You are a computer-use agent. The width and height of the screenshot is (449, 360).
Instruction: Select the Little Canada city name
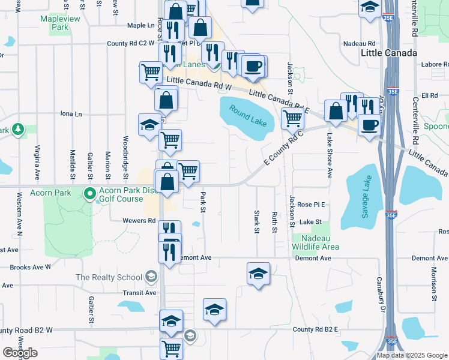(x=389, y=53)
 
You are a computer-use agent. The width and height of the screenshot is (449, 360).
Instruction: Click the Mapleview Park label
(x=62, y=23)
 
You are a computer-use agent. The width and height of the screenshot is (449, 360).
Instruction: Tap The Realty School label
(x=108, y=277)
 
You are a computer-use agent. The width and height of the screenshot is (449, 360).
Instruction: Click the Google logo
(x=20, y=353)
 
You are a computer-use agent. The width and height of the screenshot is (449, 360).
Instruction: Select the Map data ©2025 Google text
(x=412, y=355)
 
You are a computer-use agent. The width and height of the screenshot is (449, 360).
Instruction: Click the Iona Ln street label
(x=71, y=113)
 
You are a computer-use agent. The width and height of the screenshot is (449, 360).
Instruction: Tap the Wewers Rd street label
(x=139, y=220)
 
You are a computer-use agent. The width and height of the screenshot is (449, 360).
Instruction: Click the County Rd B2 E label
(x=316, y=329)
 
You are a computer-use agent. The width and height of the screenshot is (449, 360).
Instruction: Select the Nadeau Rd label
(x=359, y=44)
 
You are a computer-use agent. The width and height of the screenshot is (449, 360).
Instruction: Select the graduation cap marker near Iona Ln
(x=149, y=124)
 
